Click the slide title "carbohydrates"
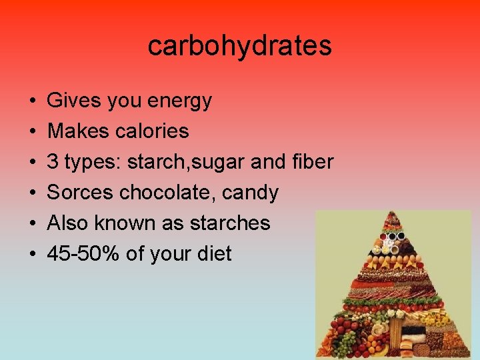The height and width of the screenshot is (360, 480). tap(239, 46)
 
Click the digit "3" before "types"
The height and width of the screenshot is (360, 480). tap(53, 162)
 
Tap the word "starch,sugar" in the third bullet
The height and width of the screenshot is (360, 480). tap(184, 162)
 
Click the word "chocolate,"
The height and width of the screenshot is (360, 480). tap(171, 193)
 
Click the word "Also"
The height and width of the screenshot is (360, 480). tap(69, 223)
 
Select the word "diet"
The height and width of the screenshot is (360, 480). tap(213, 253)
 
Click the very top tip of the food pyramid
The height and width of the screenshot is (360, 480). tap(393, 213)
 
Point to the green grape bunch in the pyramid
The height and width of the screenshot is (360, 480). tap(344, 343)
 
